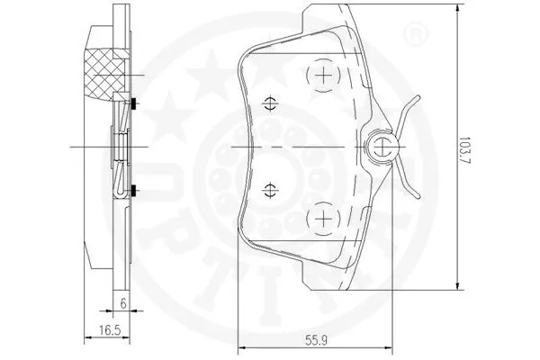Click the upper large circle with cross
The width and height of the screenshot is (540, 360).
(x=322, y=76)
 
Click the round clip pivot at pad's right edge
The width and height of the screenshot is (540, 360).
(x=382, y=147)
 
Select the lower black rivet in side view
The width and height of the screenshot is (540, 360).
(x=132, y=189)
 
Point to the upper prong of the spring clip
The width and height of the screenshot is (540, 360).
(x=410, y=107)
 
